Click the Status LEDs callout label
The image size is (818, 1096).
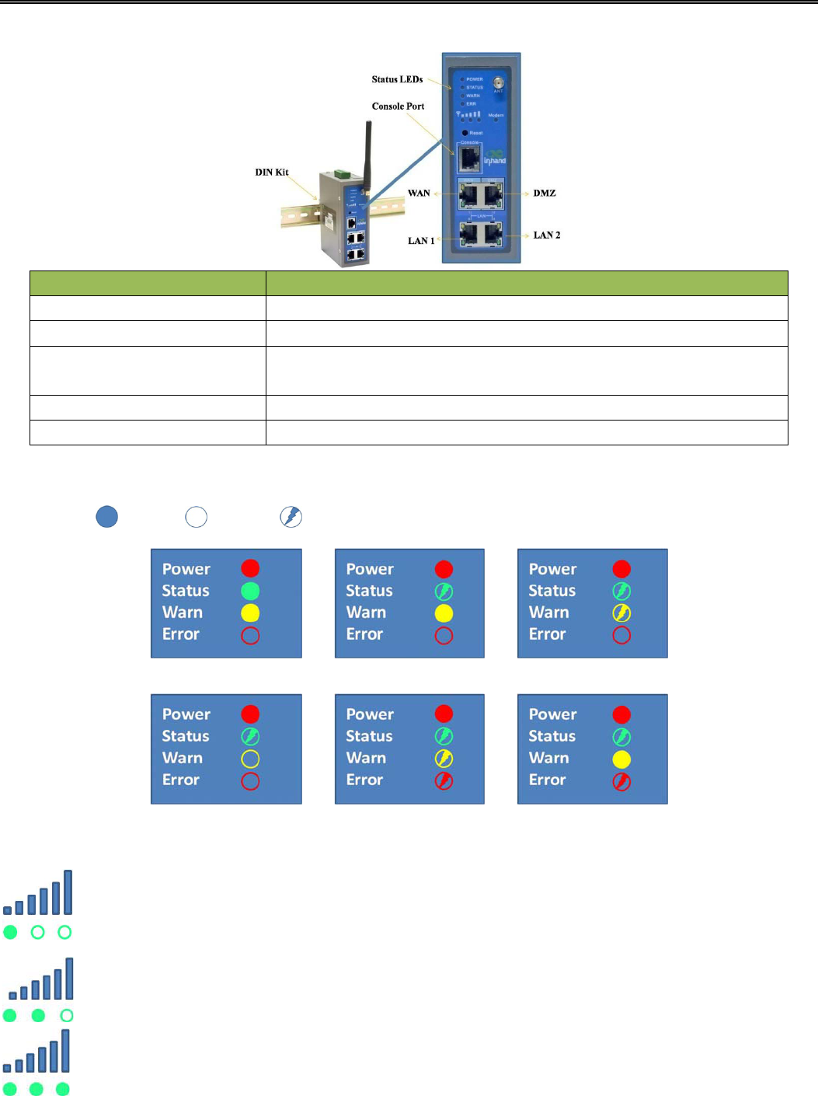(397, 79)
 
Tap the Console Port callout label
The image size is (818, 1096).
(398, 106)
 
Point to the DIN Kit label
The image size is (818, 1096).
(272, 173)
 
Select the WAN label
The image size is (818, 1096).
(419, 193)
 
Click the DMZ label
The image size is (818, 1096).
(545, 193)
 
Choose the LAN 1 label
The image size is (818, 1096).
(421, 241)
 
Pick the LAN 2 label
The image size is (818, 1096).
(547, 235)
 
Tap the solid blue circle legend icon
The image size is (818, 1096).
(107, 517)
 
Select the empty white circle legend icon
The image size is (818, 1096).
(197, 517)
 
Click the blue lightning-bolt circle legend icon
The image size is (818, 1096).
(291, 517)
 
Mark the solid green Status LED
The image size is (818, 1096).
(250, 592)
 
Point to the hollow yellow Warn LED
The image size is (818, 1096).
(250, 759)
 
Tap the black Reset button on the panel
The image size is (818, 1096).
(465, 133)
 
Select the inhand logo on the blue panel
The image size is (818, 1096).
(495, 159)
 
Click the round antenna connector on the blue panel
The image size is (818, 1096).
(498, 82)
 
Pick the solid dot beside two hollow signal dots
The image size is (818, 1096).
(10, 932)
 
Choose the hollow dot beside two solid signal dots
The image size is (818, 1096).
(67, 1015)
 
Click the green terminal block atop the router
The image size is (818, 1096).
(339, 172)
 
